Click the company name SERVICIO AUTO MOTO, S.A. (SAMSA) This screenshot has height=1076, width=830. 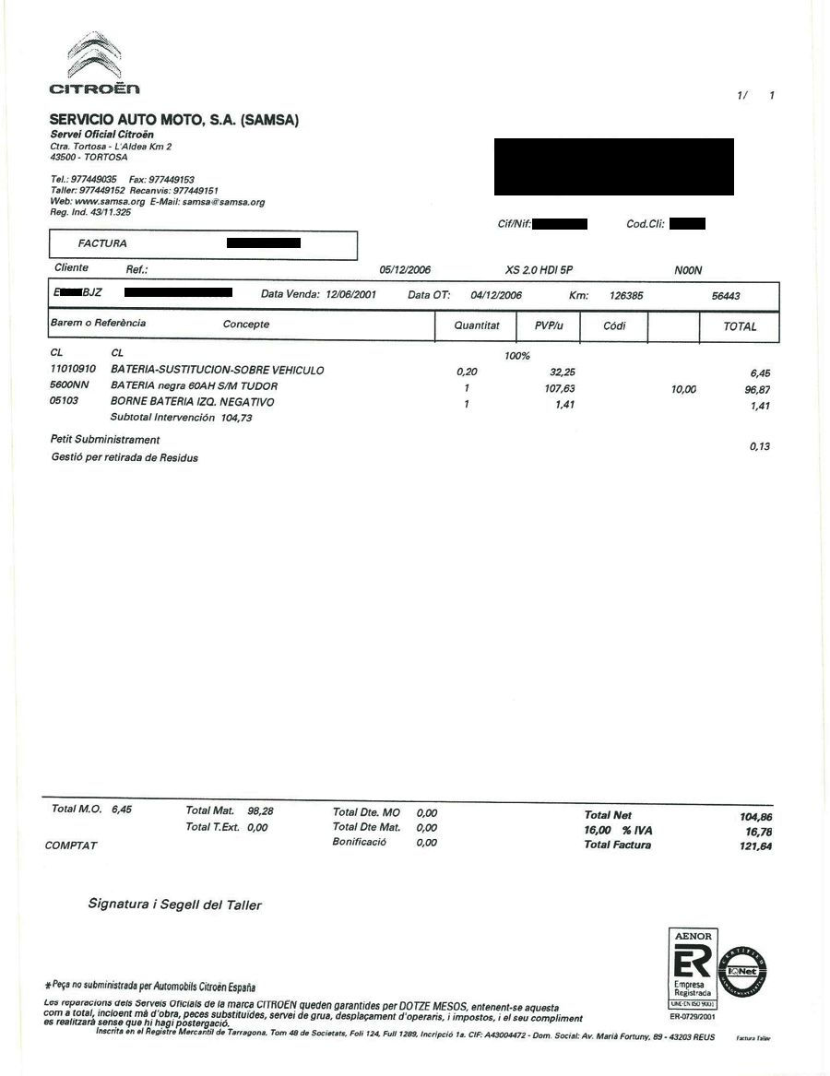[x=174, y=120]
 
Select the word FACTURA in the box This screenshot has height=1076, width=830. [x=102, y=243]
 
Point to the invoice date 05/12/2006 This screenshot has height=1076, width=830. [x=405, y=270]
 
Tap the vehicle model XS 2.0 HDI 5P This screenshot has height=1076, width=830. [x=539, y=270]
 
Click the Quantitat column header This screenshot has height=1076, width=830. [x=477, y=325]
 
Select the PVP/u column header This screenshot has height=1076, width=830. [x=549, y=325]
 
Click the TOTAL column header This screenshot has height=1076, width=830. [x=740, y=326]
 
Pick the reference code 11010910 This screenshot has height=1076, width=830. [x=73, y=370]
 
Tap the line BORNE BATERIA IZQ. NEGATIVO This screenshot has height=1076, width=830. [x=192, y=403]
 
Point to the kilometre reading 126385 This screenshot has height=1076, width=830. [x=626, y=296]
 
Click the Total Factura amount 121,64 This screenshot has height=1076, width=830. [x=755, y=846]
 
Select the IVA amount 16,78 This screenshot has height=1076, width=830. [x=758, y=832]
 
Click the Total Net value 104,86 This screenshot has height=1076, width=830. [x=755, y=817]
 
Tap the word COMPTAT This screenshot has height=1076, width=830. [x=71, y=845]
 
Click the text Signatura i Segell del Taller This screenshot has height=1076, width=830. [x=174, y=905]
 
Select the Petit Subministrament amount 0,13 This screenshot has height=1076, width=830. [x=760, y=447]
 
